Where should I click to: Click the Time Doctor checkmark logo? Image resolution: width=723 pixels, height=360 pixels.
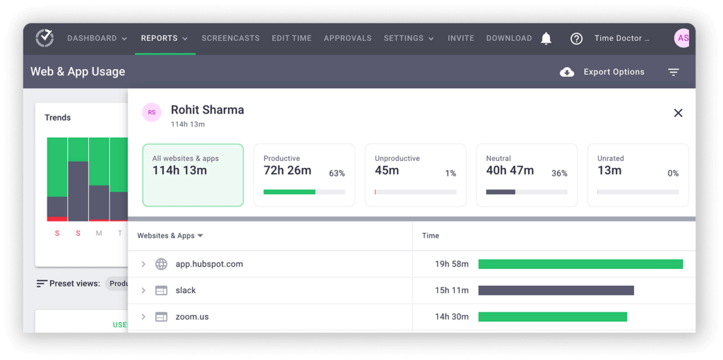pos(44,38)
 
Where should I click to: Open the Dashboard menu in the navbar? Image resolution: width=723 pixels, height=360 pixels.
pos(97,38)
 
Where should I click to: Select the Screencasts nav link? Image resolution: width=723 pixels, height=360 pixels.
pos(230,38)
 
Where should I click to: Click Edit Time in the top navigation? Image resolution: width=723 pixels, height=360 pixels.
pos(292,38)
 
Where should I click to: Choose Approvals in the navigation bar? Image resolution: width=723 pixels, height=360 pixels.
pos(347,38)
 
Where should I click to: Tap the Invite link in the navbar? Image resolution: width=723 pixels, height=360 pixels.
pos(460,38)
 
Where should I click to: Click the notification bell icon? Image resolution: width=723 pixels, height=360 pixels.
pos(546,39)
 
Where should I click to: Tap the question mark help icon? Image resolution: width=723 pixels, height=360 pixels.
pos(576,39)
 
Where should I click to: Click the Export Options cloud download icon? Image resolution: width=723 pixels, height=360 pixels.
pos(567,72)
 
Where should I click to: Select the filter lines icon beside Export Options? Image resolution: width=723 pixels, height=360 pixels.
pos(674,72)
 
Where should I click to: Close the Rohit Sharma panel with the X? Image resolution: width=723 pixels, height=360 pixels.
pos(678,113)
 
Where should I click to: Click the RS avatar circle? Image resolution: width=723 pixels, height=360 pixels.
pos(152,112)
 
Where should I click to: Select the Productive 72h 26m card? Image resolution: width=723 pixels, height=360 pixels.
pos(304,175)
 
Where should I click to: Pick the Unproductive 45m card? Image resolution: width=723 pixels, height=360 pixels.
pos(415,175)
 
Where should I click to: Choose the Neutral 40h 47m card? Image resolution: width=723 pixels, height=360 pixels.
pos(527,175)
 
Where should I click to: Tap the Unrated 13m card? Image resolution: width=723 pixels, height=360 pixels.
pos(638,175)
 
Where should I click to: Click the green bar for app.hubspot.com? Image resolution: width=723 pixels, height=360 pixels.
pos(580,264)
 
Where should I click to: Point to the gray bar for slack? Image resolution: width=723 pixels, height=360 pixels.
pos(556,290)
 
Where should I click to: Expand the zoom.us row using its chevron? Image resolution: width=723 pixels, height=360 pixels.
pos(143,317)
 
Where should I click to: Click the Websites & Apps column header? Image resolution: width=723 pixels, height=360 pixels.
pos(170,236)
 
